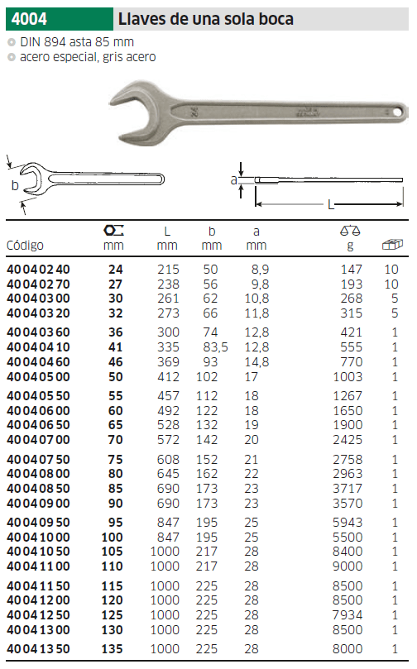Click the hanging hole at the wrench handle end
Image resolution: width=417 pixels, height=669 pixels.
(395, 110)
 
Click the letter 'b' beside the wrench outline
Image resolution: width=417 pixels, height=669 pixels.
(14, 185)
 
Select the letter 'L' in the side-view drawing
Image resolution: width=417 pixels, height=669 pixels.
(330, 203)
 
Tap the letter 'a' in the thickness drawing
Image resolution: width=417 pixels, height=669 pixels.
(233, 179)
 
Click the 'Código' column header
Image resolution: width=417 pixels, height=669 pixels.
(25, 246)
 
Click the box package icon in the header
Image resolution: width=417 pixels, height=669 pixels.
(391, 245)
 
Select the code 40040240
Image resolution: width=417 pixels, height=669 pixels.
(39, 270)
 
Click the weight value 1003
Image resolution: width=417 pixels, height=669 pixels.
(348, 376)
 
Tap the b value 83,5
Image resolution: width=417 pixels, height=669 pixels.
(213, 347)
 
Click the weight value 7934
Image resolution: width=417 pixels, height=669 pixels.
(348, 615)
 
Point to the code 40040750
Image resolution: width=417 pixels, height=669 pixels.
(39, 458)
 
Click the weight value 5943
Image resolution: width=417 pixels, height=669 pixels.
(348, 522)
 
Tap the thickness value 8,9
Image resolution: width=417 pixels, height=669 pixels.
(258, 270)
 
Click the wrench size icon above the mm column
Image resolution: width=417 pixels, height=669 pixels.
(113, 230)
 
